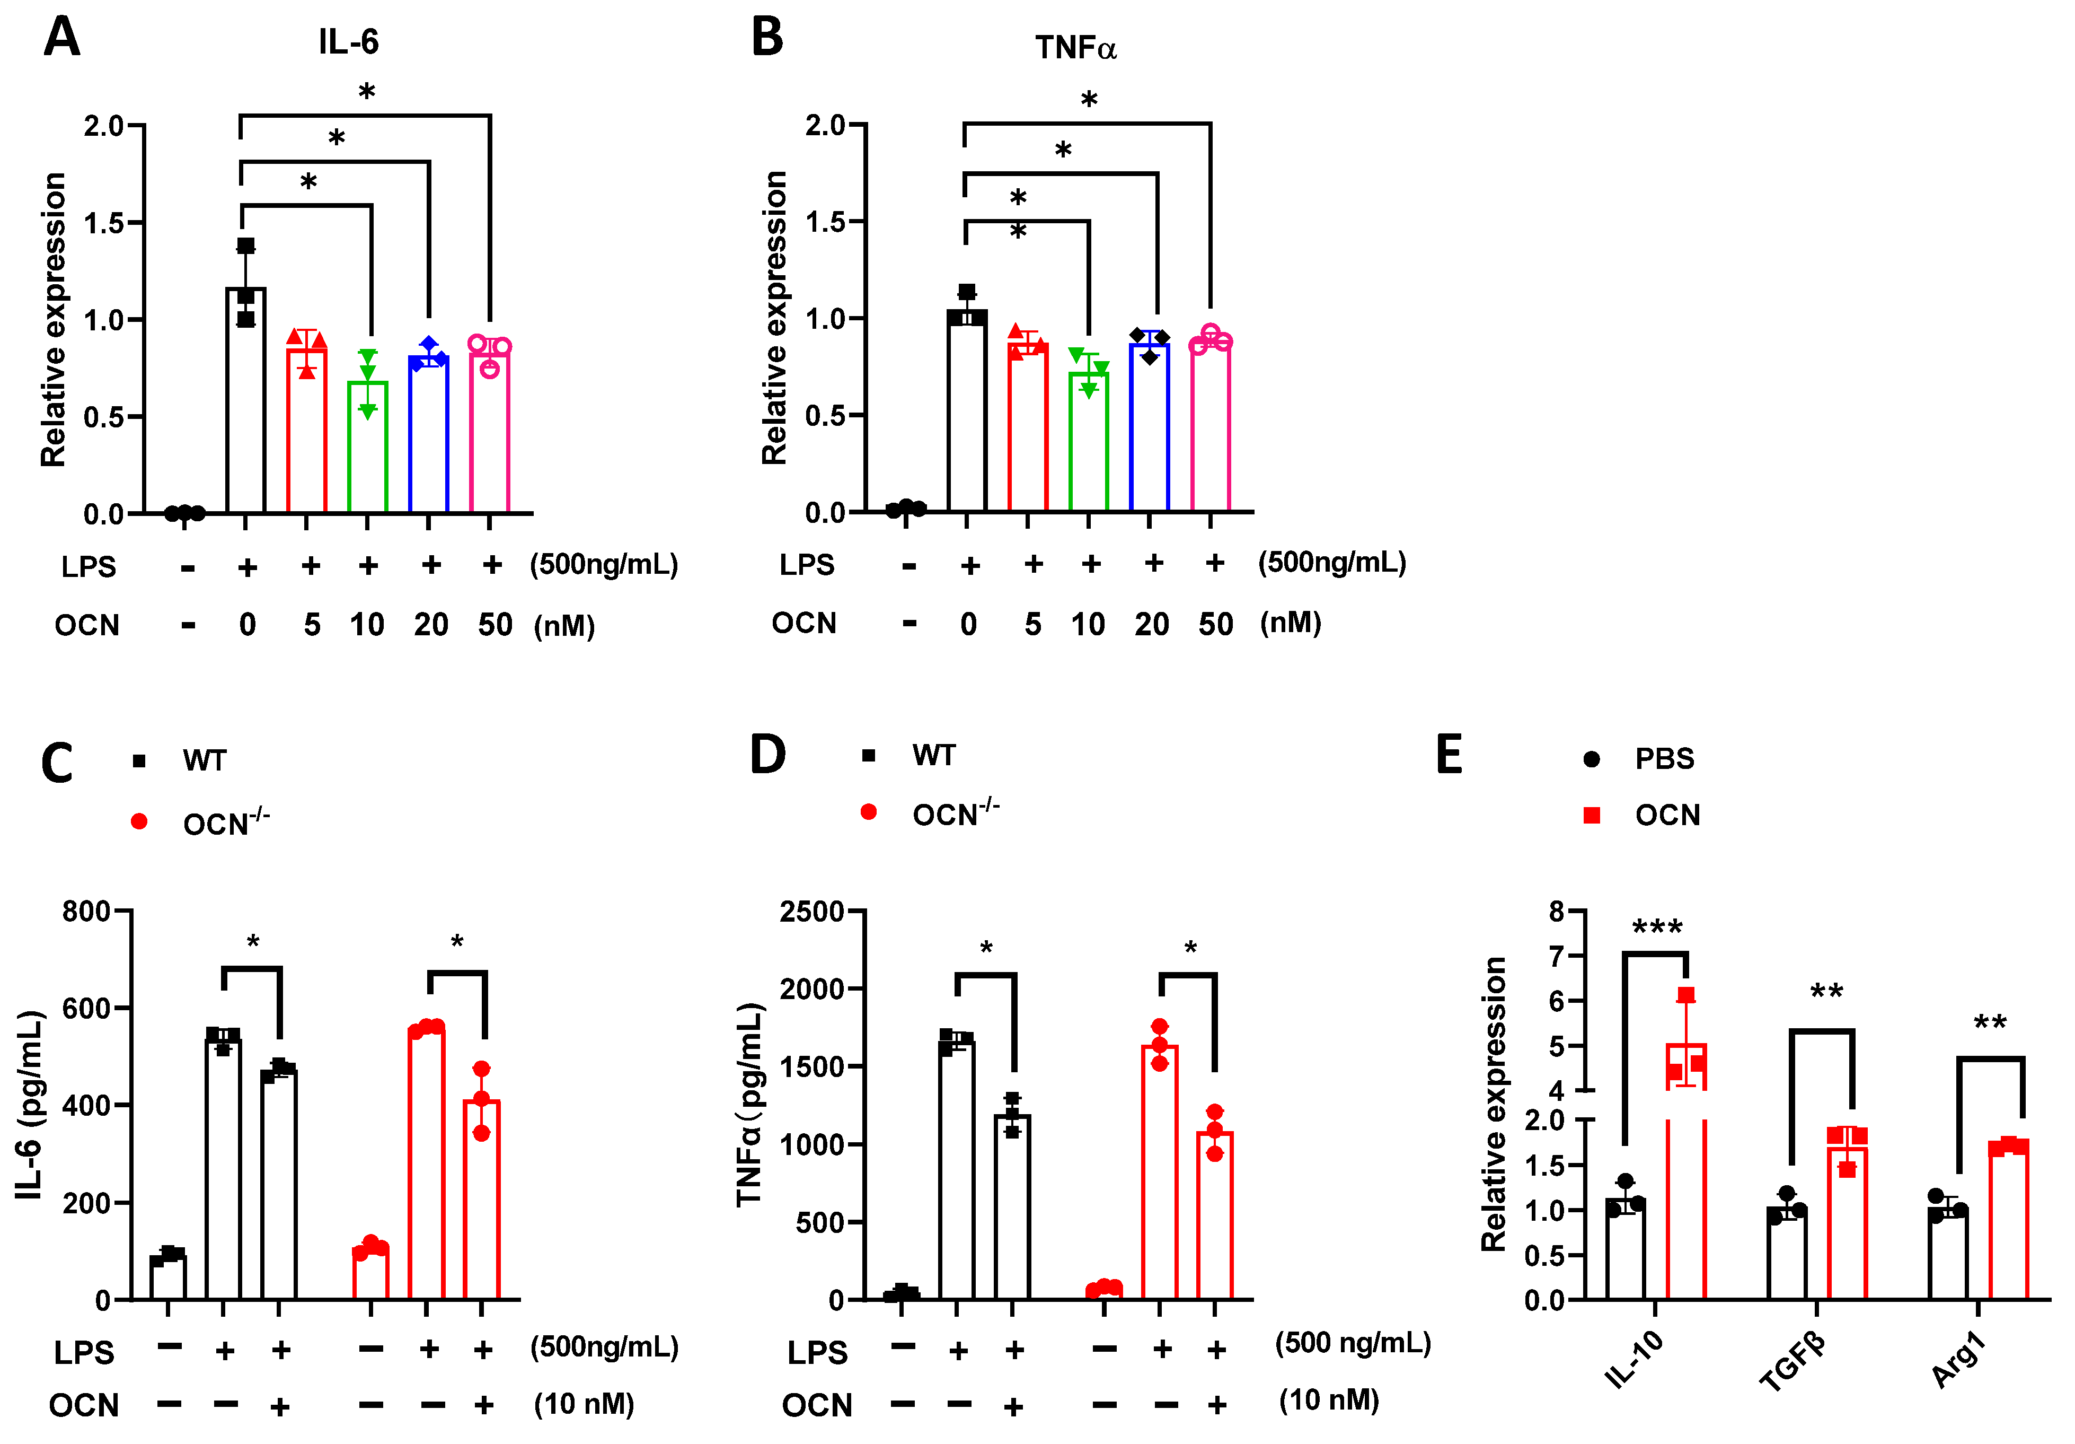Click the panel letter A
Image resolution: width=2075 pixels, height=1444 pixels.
61,38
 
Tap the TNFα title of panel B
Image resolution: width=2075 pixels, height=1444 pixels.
1075,48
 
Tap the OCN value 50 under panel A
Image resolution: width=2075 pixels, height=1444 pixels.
495,625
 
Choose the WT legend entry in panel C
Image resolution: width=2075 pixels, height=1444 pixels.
204,760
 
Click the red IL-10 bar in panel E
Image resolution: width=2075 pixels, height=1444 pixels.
1685,1203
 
